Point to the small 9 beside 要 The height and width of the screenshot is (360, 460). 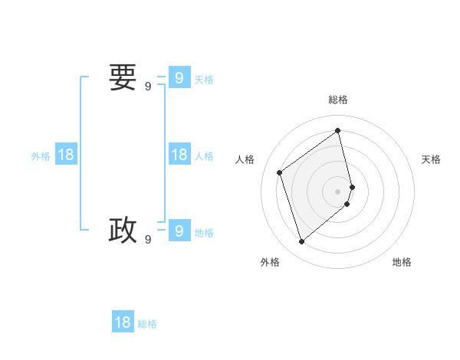pos(148,87)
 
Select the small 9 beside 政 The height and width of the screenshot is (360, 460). pos(148,240)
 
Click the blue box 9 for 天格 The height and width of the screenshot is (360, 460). pos(179,78)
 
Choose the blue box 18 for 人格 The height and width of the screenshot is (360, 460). pos(179,155)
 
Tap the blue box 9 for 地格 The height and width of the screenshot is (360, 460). pos(179,230)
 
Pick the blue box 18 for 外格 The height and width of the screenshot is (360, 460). pos(66,155)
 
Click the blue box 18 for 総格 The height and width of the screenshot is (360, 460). pos(123,322)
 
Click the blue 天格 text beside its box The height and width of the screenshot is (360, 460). pos(204,80)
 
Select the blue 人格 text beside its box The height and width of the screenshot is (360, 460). pos(204,156)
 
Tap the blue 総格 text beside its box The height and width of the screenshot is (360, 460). pos(147,324)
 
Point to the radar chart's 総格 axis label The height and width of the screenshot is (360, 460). pos(338,100)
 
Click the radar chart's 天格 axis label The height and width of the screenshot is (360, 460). pos(431,159)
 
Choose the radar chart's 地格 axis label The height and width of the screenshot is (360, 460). pos(402,262)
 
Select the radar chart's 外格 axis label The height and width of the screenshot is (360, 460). pos(270,262)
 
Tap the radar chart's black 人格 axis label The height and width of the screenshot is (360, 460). pos(245,159)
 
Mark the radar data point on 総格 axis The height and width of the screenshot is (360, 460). pos(338,130)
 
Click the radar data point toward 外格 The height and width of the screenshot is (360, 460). pos(301,242)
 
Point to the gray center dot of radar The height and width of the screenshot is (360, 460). pos(338,190)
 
